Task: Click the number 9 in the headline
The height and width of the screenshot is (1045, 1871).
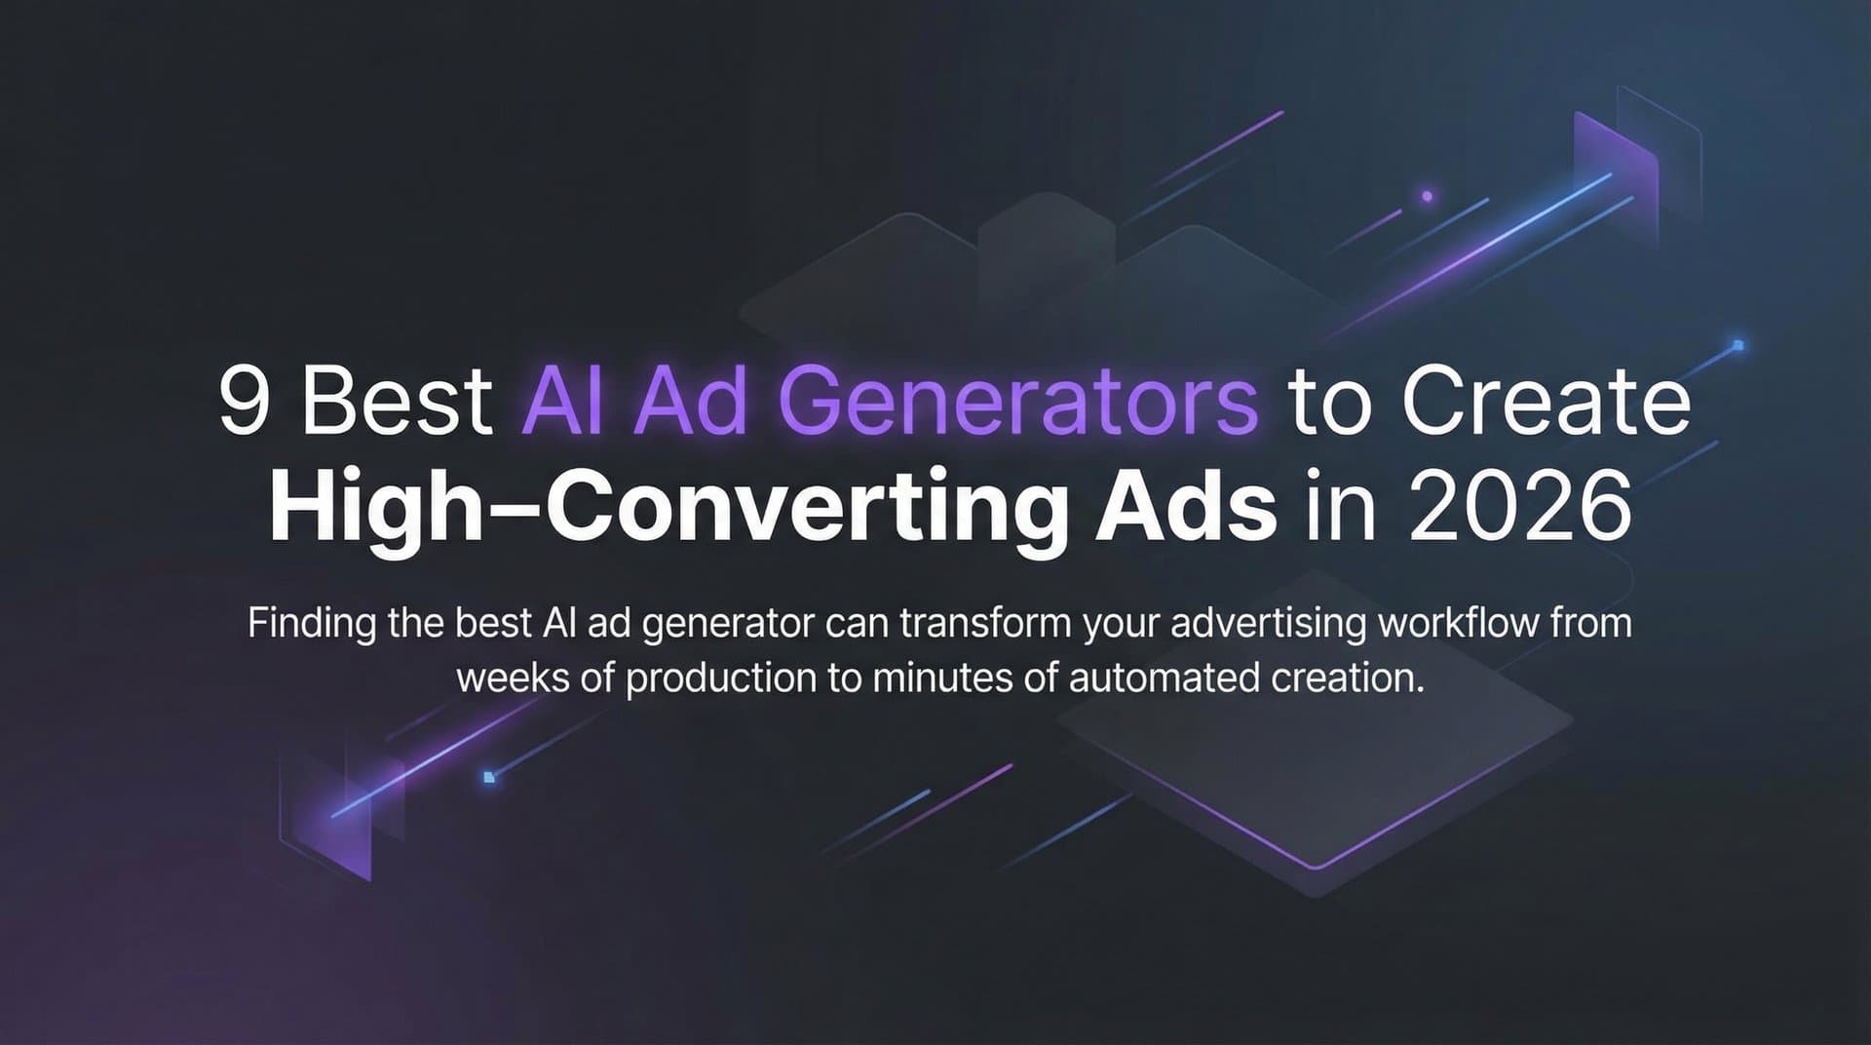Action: [244, 403]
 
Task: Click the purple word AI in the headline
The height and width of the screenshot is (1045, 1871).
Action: [565, 403]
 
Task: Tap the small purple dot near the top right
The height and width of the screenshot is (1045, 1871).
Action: [1427, 196]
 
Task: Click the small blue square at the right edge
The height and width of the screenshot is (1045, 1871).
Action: [1737, 345]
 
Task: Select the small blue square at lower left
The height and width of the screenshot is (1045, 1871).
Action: [489, 777]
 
